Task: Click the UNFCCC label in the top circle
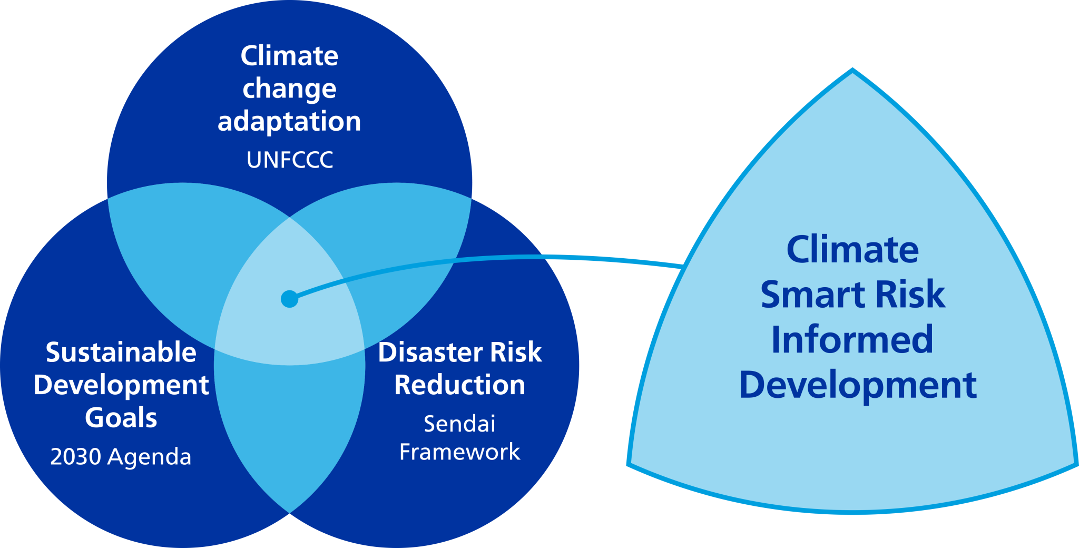(x=290, y=160)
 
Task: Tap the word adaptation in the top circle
(x=289, y=122)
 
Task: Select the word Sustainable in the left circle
(x=121, y=352)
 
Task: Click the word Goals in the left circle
(x=121, y=418)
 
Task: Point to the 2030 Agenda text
(x=121, y=456)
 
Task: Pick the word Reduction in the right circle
(x=459, y=385)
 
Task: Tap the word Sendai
(x=459, y=424)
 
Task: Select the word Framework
(x=459, y=452)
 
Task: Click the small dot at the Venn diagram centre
(x=289, y=299)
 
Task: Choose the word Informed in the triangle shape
(x=852, y=340)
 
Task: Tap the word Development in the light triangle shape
(x=858, y=386)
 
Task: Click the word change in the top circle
(x=289, y=89)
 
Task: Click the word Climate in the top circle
(x=289, y=56)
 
